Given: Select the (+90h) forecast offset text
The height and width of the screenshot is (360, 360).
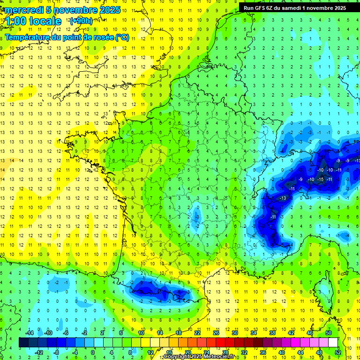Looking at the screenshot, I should (x=81, y=21).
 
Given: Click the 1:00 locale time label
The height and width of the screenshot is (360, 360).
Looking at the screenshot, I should (x=33, y=21).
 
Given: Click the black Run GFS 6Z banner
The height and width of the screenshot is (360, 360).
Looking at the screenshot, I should (x=295, y=7).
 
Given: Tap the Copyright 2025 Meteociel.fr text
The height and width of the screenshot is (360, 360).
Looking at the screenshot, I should (x=199, y=357).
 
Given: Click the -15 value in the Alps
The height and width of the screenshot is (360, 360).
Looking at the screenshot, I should (x=321, y=180).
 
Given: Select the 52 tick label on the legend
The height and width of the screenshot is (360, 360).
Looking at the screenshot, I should (x=338, y=352).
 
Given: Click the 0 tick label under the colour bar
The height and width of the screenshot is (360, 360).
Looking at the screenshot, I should (x=93, y=352).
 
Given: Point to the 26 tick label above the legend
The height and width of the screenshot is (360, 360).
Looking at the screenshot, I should (x=216, y=333).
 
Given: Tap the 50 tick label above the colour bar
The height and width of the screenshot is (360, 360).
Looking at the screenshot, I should (x=328, y=333).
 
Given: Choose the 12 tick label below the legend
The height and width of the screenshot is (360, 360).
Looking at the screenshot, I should (x=150, y=352).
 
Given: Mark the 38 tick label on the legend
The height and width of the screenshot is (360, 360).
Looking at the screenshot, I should (x=272, y=333).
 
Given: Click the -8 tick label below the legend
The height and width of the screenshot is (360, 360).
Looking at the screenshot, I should (x=57, y=352).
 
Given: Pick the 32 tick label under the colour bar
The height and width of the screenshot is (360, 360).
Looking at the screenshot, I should (x=244, y=352).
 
